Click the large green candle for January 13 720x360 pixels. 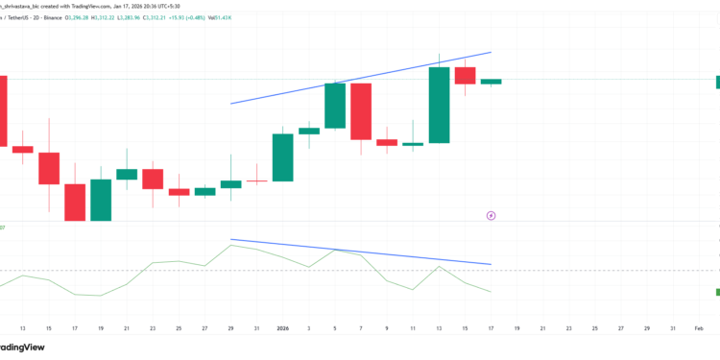click(x=439, y=105)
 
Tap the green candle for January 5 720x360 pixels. click(x=335, y=106)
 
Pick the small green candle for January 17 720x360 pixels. click(x=491, y=82)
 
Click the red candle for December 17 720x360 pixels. click(x=75, y=202)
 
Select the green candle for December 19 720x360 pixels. click(x=101, y=200)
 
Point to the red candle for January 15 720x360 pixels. click(x=465, y=76)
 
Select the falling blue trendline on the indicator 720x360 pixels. click(x=361, y=252)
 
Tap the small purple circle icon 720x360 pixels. click(x=491, y=216)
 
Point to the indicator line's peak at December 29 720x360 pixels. click(x=231, y=245)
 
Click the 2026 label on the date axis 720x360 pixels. click(x=283, y=327)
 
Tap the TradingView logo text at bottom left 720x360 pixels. click(x=23, y=348)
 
